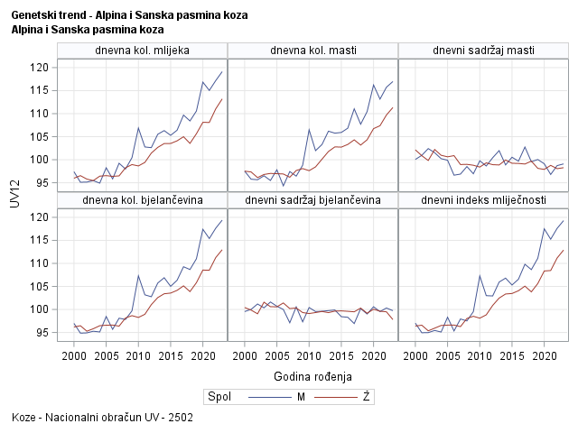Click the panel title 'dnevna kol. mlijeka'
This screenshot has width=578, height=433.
coord(142,50)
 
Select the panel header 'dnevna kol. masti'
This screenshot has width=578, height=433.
coord(312,50)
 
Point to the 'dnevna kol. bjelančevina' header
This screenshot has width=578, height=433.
coord(142,199)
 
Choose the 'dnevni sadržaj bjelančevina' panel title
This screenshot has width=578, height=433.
coord(312,199)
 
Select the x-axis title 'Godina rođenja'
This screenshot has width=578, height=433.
coord(312,375)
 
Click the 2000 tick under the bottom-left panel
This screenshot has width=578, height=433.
coord(74,355)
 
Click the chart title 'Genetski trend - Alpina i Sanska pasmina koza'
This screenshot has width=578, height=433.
coord(129,16)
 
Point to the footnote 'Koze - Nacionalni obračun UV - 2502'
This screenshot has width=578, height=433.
coord(102,419)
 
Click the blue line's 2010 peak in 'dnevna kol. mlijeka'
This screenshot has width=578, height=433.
coord(138,128)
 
